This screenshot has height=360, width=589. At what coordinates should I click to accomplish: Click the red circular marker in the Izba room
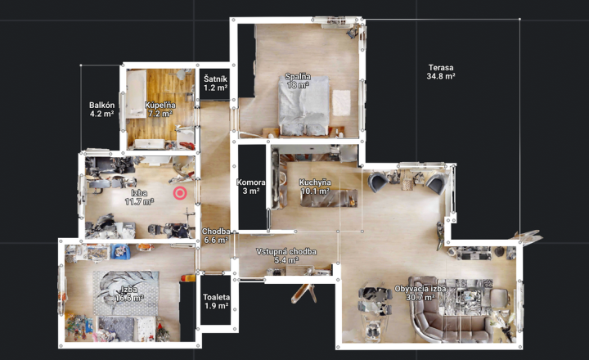[180, 193]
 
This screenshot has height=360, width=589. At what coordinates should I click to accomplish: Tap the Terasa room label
[441, 68]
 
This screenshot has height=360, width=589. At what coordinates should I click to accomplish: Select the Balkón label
[101, 106]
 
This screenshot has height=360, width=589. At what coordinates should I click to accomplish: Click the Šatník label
[216, 79]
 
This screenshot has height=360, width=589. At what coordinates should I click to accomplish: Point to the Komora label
[251, 182]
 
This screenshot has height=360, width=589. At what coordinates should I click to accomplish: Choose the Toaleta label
[216, 297]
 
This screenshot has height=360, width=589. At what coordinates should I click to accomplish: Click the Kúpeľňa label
[160, 106]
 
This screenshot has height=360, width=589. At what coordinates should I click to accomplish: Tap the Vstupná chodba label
[286, 251]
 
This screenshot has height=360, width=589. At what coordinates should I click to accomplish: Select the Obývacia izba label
[420, 289]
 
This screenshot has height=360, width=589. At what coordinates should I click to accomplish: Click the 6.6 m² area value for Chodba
[216, 240]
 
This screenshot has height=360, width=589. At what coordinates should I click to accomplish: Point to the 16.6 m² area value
[129, 299]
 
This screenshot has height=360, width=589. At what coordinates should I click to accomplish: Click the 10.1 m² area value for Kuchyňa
[315, 191]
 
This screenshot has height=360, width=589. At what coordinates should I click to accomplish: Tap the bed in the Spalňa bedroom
[303, 106]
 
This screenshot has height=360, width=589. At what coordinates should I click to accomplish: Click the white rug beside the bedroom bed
[341, 102]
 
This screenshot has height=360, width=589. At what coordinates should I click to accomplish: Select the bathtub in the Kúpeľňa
[136, 94]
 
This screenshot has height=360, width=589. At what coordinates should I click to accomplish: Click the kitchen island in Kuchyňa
[329, 198]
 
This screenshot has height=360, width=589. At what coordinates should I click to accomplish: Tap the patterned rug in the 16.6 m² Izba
[126, 293]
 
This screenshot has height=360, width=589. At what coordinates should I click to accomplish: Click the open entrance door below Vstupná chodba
[303, 292]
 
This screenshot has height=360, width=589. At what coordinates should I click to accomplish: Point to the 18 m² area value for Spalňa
[299, 85]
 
